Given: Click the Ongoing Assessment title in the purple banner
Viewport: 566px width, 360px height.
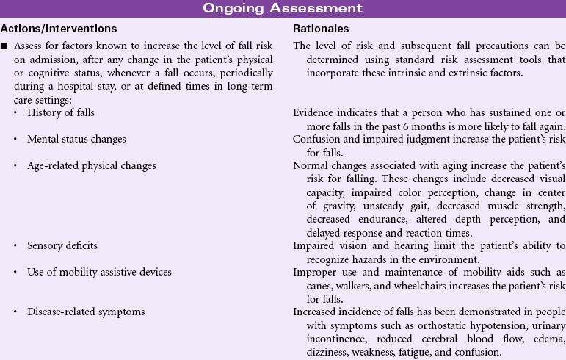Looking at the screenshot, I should [283, 9].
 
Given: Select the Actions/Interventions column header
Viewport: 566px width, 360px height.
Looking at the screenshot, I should [59, 29].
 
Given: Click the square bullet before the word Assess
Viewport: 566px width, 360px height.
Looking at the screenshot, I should [4, 46].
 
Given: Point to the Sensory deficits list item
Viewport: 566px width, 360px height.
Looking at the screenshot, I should [62, 245].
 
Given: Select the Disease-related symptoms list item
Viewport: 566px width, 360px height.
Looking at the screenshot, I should [86, 312].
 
